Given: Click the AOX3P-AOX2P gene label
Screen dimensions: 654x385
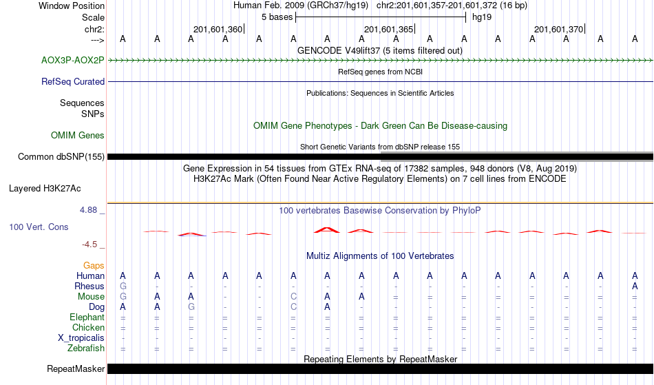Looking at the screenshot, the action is tap(72, 61).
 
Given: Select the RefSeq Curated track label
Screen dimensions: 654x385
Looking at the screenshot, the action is tap(72, 82).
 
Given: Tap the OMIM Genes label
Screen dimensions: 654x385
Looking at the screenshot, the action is tap(78, 136).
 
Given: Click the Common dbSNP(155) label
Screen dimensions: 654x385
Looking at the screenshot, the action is tap(61, 157).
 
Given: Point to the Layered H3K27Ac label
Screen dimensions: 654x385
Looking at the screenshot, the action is tap(45, 189).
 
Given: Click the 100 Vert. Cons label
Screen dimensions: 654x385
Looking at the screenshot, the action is tap(39, 227).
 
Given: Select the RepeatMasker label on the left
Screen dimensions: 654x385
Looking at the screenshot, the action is tap(76, 368).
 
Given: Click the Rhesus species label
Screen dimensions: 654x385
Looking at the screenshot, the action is tap(89, 286).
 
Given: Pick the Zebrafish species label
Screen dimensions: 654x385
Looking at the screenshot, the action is tap(86, 348).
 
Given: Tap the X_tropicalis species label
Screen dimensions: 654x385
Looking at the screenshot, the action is tap(81, 338).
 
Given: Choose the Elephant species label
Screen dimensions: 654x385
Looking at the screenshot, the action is tap(87, 317).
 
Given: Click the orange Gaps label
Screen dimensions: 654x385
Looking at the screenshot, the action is tap(94, 266).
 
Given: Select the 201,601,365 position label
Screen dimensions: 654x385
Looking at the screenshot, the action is tap(388, 29).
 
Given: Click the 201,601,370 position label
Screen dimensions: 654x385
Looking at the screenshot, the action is tap(558, 29).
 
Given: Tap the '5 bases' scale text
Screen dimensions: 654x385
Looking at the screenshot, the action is tap(277, 17).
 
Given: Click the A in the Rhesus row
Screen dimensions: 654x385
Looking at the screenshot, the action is tap(635, 286).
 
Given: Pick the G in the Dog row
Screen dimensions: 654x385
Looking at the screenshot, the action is tap(191, 307).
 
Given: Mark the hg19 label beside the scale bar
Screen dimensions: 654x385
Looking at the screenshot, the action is tap(482, 17).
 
